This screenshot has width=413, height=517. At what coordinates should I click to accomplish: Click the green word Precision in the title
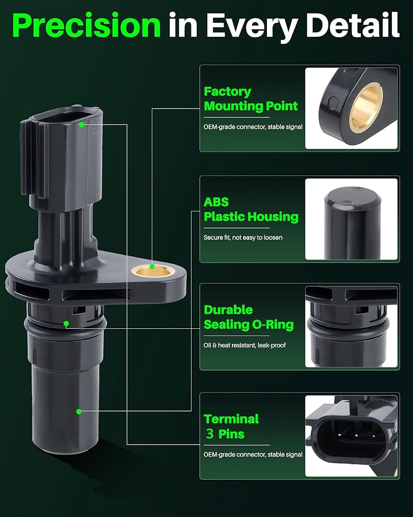(x=87, y=25)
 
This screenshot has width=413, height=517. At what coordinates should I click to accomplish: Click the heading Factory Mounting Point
(x=250, y=99)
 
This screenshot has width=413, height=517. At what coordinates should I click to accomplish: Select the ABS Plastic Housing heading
(x=251, y=209)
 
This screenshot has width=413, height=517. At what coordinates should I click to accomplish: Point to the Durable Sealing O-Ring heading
(x=249, y=317)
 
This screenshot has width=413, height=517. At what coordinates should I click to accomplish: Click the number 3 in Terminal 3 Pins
(x=210, y=434)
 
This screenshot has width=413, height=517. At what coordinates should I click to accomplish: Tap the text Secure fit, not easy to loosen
(x=243, y=237)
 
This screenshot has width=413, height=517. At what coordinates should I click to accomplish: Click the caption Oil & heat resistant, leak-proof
(x=245, y=345)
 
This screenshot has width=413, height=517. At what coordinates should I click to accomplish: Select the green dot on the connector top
(x=82, y=125)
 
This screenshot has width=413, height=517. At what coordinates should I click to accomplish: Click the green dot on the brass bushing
(x=152, y=266)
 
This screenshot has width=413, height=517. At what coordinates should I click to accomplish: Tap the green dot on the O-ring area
(x=66, y=324)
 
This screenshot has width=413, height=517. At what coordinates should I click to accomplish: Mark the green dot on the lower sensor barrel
(x=78, y=412)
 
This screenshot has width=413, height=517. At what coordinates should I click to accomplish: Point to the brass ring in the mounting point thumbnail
(x=365, y=108)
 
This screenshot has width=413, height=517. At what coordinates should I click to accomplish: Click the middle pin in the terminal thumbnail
(x=356, y=436)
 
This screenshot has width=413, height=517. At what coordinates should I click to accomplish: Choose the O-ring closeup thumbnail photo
(x=351, y=327)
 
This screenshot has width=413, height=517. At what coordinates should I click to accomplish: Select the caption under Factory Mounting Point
(x=253, y=127)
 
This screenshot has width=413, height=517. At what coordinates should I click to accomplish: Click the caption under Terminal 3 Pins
(x=253, y=454)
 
